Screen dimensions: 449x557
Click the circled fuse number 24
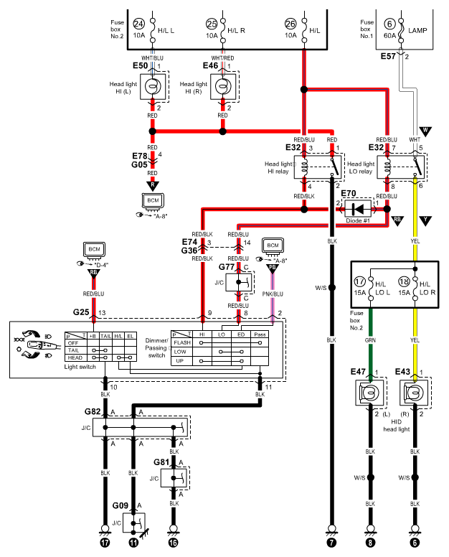(138, 24)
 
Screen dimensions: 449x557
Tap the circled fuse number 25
(212, 24)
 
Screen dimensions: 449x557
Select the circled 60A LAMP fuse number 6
(389, 24)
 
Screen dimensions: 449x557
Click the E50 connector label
(140, 66)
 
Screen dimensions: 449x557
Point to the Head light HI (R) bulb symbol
(223, 86)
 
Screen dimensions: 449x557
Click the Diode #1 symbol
(358, 209)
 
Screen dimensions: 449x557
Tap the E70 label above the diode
(348, 193)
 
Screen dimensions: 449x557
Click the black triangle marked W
(425, 131)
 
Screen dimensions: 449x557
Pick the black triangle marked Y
(425, 220)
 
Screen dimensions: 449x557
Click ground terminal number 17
(105, 543)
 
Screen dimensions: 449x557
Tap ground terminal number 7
(331, 543)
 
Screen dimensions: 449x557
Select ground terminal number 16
(173, 543)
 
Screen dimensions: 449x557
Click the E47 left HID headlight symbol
(370, 393)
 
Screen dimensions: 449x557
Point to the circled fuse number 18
(404, 281)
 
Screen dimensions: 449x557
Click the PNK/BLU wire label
(273, 294)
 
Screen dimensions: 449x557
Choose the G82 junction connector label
(93, 411)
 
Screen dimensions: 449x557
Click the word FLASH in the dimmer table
(182, 343)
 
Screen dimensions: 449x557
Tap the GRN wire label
(370, 340)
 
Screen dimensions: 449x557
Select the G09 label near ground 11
(120, 505)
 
